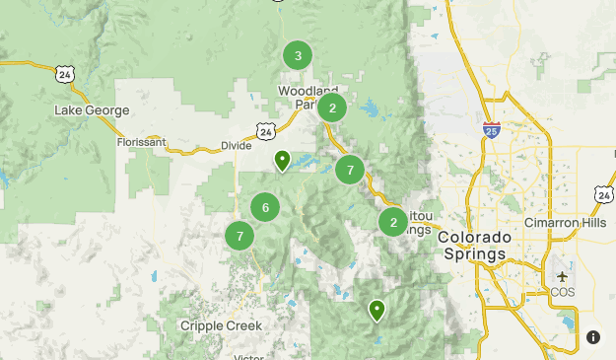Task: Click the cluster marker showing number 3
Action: (298, 56)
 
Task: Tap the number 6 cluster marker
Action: (264, 207)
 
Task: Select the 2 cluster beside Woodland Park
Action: (332, 108)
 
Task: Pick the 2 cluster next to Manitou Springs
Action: (393, 222)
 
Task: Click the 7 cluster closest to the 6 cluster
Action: (240, 236)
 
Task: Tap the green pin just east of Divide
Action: (283, 160)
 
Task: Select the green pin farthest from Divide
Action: (376, 311)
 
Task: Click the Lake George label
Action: (93, 110)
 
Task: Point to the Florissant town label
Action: (143, 142)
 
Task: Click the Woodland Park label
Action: (308, 98)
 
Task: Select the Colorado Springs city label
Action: (474, 246)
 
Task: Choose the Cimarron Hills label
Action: (570, 222)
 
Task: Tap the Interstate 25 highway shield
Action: (493, 129)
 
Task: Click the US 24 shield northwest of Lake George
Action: (65, 74)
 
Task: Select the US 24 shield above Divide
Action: (266, 129)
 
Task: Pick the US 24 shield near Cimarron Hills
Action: (604, 194)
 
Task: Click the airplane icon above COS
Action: (562, 275)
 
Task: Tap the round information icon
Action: (593, 337)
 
